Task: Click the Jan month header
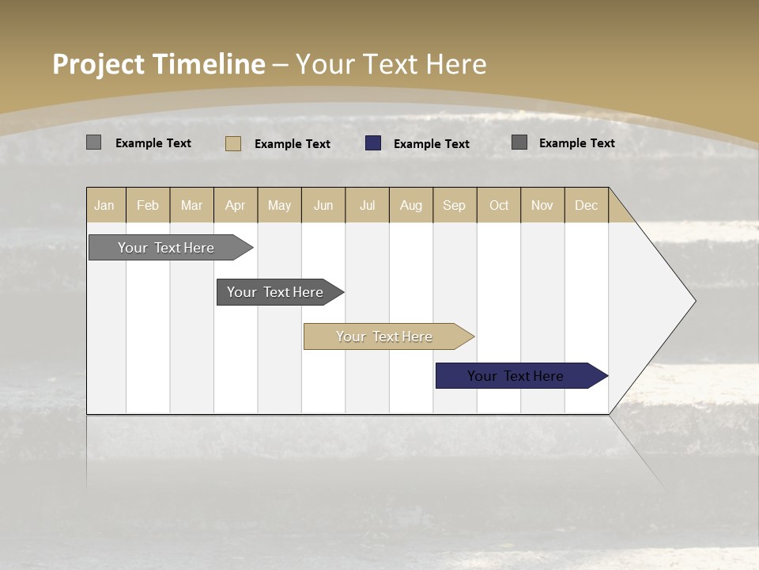(x=105, y=205)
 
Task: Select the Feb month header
(x=148, y=205)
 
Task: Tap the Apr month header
(x=236, y=205)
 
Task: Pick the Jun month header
(x=323, y=205)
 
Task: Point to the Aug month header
(x=411, y=205)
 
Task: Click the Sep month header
(x=455, y=205)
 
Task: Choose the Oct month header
(x=499, y=205)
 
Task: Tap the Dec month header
(x=587, y=205)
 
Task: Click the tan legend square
(x=233, y=143)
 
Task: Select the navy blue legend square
(x=373, y=143)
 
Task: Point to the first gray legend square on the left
(x=94, y=142)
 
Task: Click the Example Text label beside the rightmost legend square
(x=577, y=143)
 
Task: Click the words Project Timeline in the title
(x=158, y=64)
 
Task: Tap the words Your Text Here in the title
(x=391, y=64)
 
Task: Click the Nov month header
(x=542, y=205)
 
